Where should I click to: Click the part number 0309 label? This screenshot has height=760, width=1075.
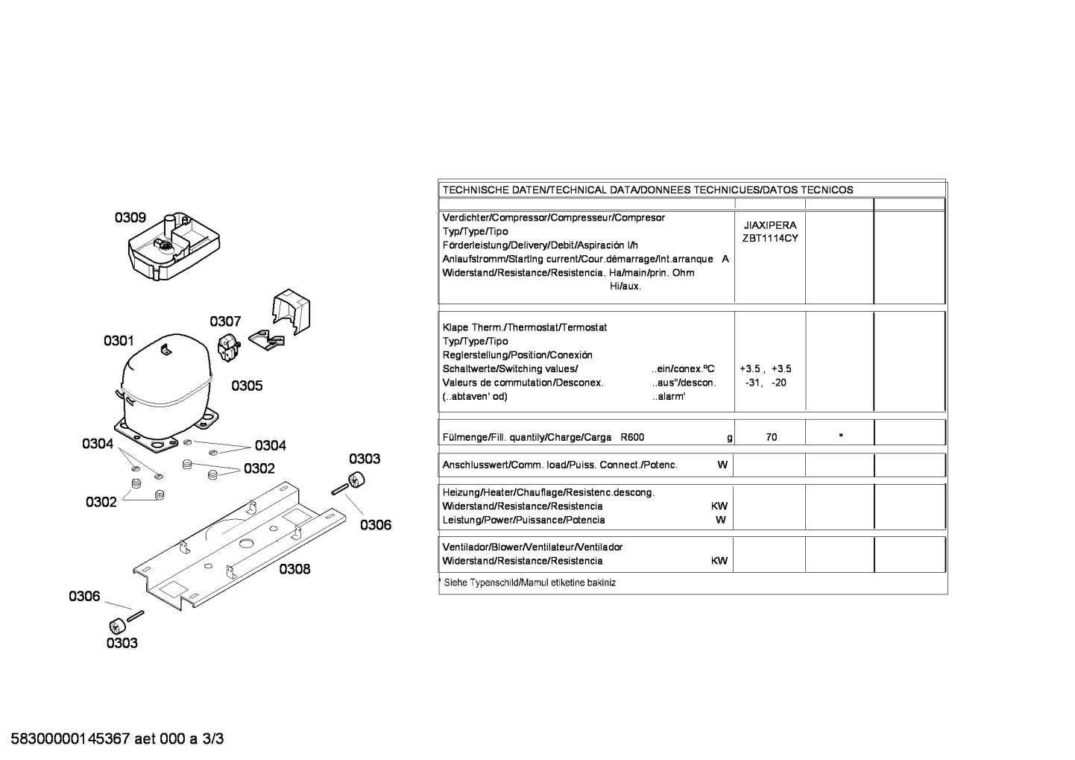coord(130,218)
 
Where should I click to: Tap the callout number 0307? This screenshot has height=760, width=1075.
coord(225,321)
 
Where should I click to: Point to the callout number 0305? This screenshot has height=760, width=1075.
coord(248,386)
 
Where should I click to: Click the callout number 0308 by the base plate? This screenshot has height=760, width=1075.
coord(294,569)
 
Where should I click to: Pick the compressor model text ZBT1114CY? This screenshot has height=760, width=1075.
coord(770,239)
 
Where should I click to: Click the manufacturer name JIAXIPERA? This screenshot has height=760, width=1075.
coord(770,225)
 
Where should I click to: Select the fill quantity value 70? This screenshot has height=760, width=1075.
coord(772,437)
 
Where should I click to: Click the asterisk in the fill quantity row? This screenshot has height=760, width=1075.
coord(841,436)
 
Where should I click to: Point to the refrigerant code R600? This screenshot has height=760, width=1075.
coord(632,437)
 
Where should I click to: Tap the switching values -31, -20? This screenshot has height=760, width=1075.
coord(766,383)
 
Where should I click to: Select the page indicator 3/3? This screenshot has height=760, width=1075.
coord(212,739)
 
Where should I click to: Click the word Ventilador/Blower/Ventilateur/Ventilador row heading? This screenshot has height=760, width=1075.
coord(532,547)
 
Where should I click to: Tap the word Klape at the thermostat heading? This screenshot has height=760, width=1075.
coord(455,328)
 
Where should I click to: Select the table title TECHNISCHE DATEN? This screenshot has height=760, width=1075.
coord(494,190)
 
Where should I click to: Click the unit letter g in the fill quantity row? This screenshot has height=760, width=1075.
coord(729,438)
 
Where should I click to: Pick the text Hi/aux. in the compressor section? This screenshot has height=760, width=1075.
coord(625,286)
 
